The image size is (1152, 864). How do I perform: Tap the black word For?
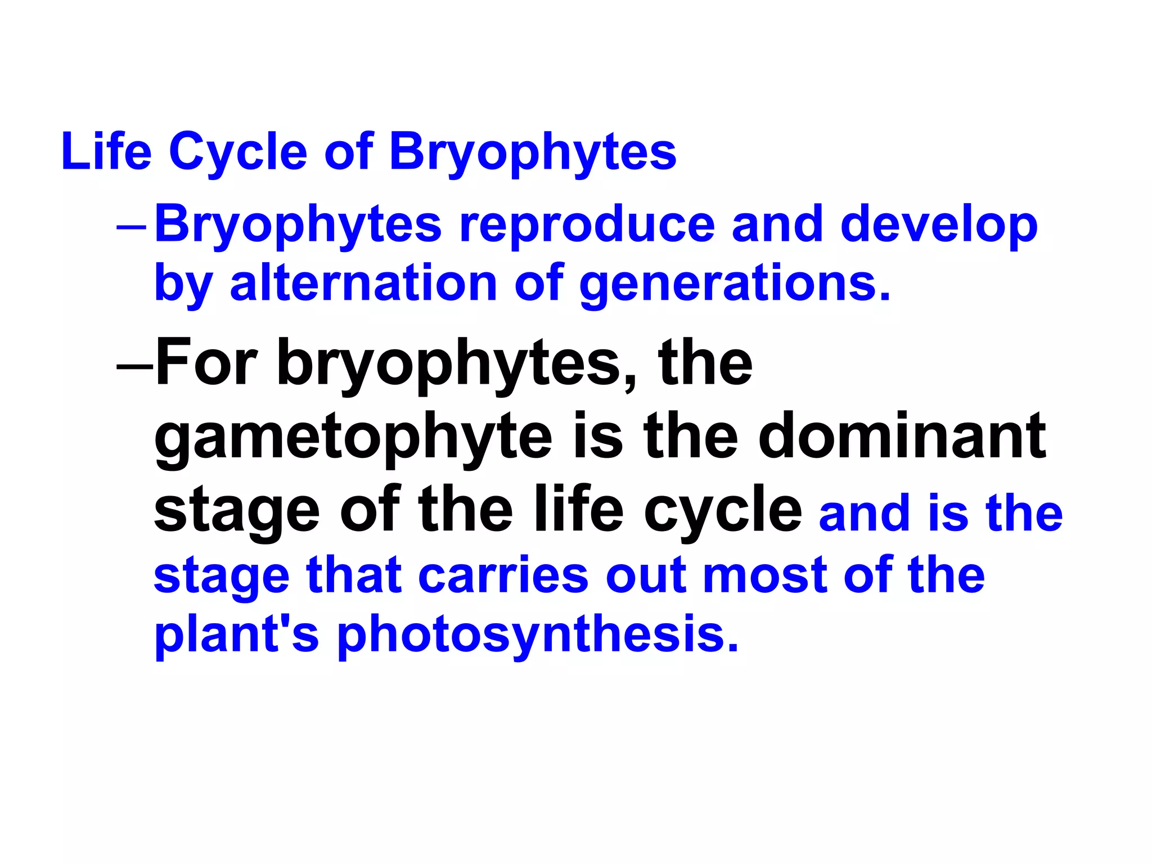click(206, 363)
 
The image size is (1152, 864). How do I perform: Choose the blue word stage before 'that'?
click(222, 576)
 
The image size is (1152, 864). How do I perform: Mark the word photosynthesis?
click(537, 636)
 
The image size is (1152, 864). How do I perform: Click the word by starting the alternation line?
click(183, 284)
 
